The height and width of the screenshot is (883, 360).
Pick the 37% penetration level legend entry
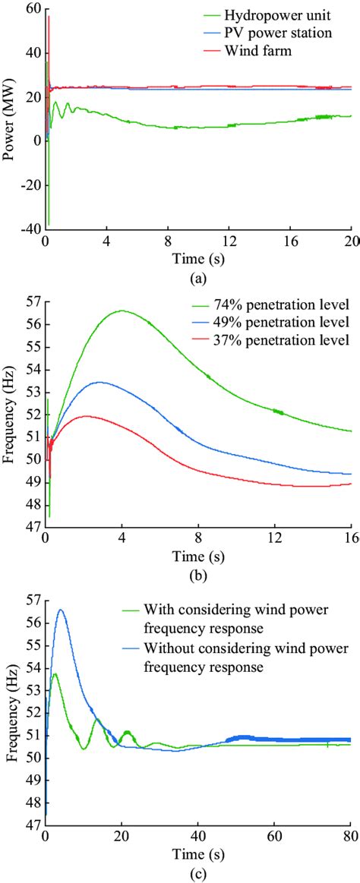pyautogui.click(x=281, y=339)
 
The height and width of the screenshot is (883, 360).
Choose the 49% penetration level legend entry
pyautogui.click(x=281, y=322)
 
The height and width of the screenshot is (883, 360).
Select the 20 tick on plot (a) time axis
pyautogui.click(x=349, y=241)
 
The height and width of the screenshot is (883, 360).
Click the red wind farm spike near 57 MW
pyautogui.click(x=49, y=17)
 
